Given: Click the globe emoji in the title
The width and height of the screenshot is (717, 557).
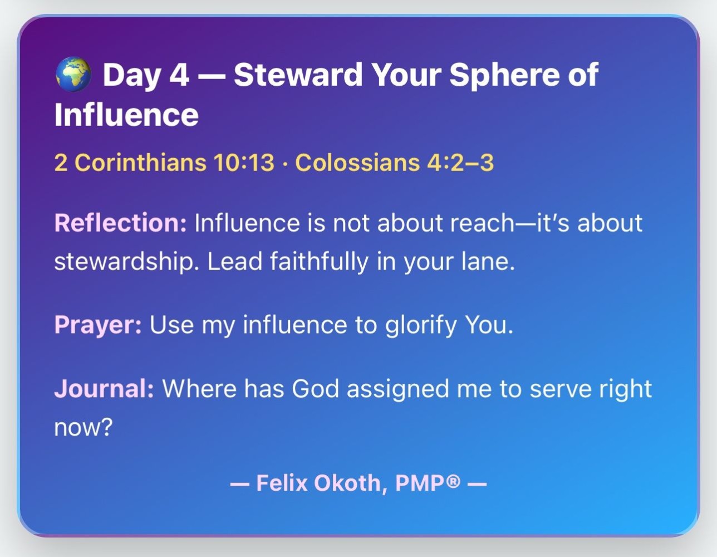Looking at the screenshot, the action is pos(73,75).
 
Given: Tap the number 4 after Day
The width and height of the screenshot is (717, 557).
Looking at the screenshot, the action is pos(179,75).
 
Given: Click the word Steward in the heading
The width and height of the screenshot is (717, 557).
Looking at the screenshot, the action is pos(298,75).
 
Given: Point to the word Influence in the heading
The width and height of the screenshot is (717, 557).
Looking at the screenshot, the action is pos(126,115).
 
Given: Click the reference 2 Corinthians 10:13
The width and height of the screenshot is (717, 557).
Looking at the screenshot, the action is pos(164,163).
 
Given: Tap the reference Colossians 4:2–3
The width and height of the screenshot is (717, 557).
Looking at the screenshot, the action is pos(394,163).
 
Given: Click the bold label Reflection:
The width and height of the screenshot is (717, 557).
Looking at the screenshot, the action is pos(121,223).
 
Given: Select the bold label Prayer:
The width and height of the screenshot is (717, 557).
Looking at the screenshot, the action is pos(98,325).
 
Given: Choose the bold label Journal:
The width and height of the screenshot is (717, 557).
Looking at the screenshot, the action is pos(104,389).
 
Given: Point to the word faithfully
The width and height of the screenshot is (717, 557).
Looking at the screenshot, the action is pos(319,262).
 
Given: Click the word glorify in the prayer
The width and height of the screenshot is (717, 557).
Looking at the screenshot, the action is pos(421,325).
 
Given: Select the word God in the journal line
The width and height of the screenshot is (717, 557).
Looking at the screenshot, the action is pos(316,389).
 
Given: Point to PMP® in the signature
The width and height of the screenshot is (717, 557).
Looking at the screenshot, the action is pos(428,483).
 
